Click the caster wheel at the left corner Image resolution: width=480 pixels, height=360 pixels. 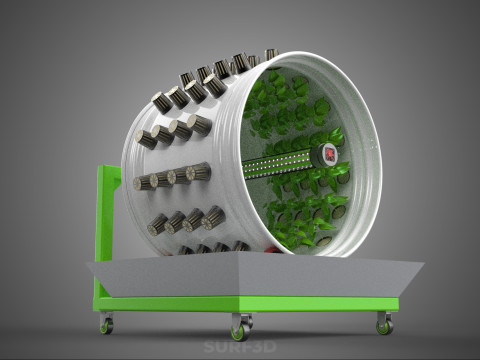[106, 323]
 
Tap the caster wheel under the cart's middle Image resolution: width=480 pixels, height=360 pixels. [241, 327]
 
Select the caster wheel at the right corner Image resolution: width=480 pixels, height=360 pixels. [384, 323]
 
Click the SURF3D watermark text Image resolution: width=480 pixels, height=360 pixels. [240, 347]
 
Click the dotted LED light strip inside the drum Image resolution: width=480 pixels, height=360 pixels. [277, 164]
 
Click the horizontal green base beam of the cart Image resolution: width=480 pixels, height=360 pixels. [246, 303]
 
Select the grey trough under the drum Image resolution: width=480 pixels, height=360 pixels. [255, 275]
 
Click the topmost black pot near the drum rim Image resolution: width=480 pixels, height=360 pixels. [271, 54]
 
